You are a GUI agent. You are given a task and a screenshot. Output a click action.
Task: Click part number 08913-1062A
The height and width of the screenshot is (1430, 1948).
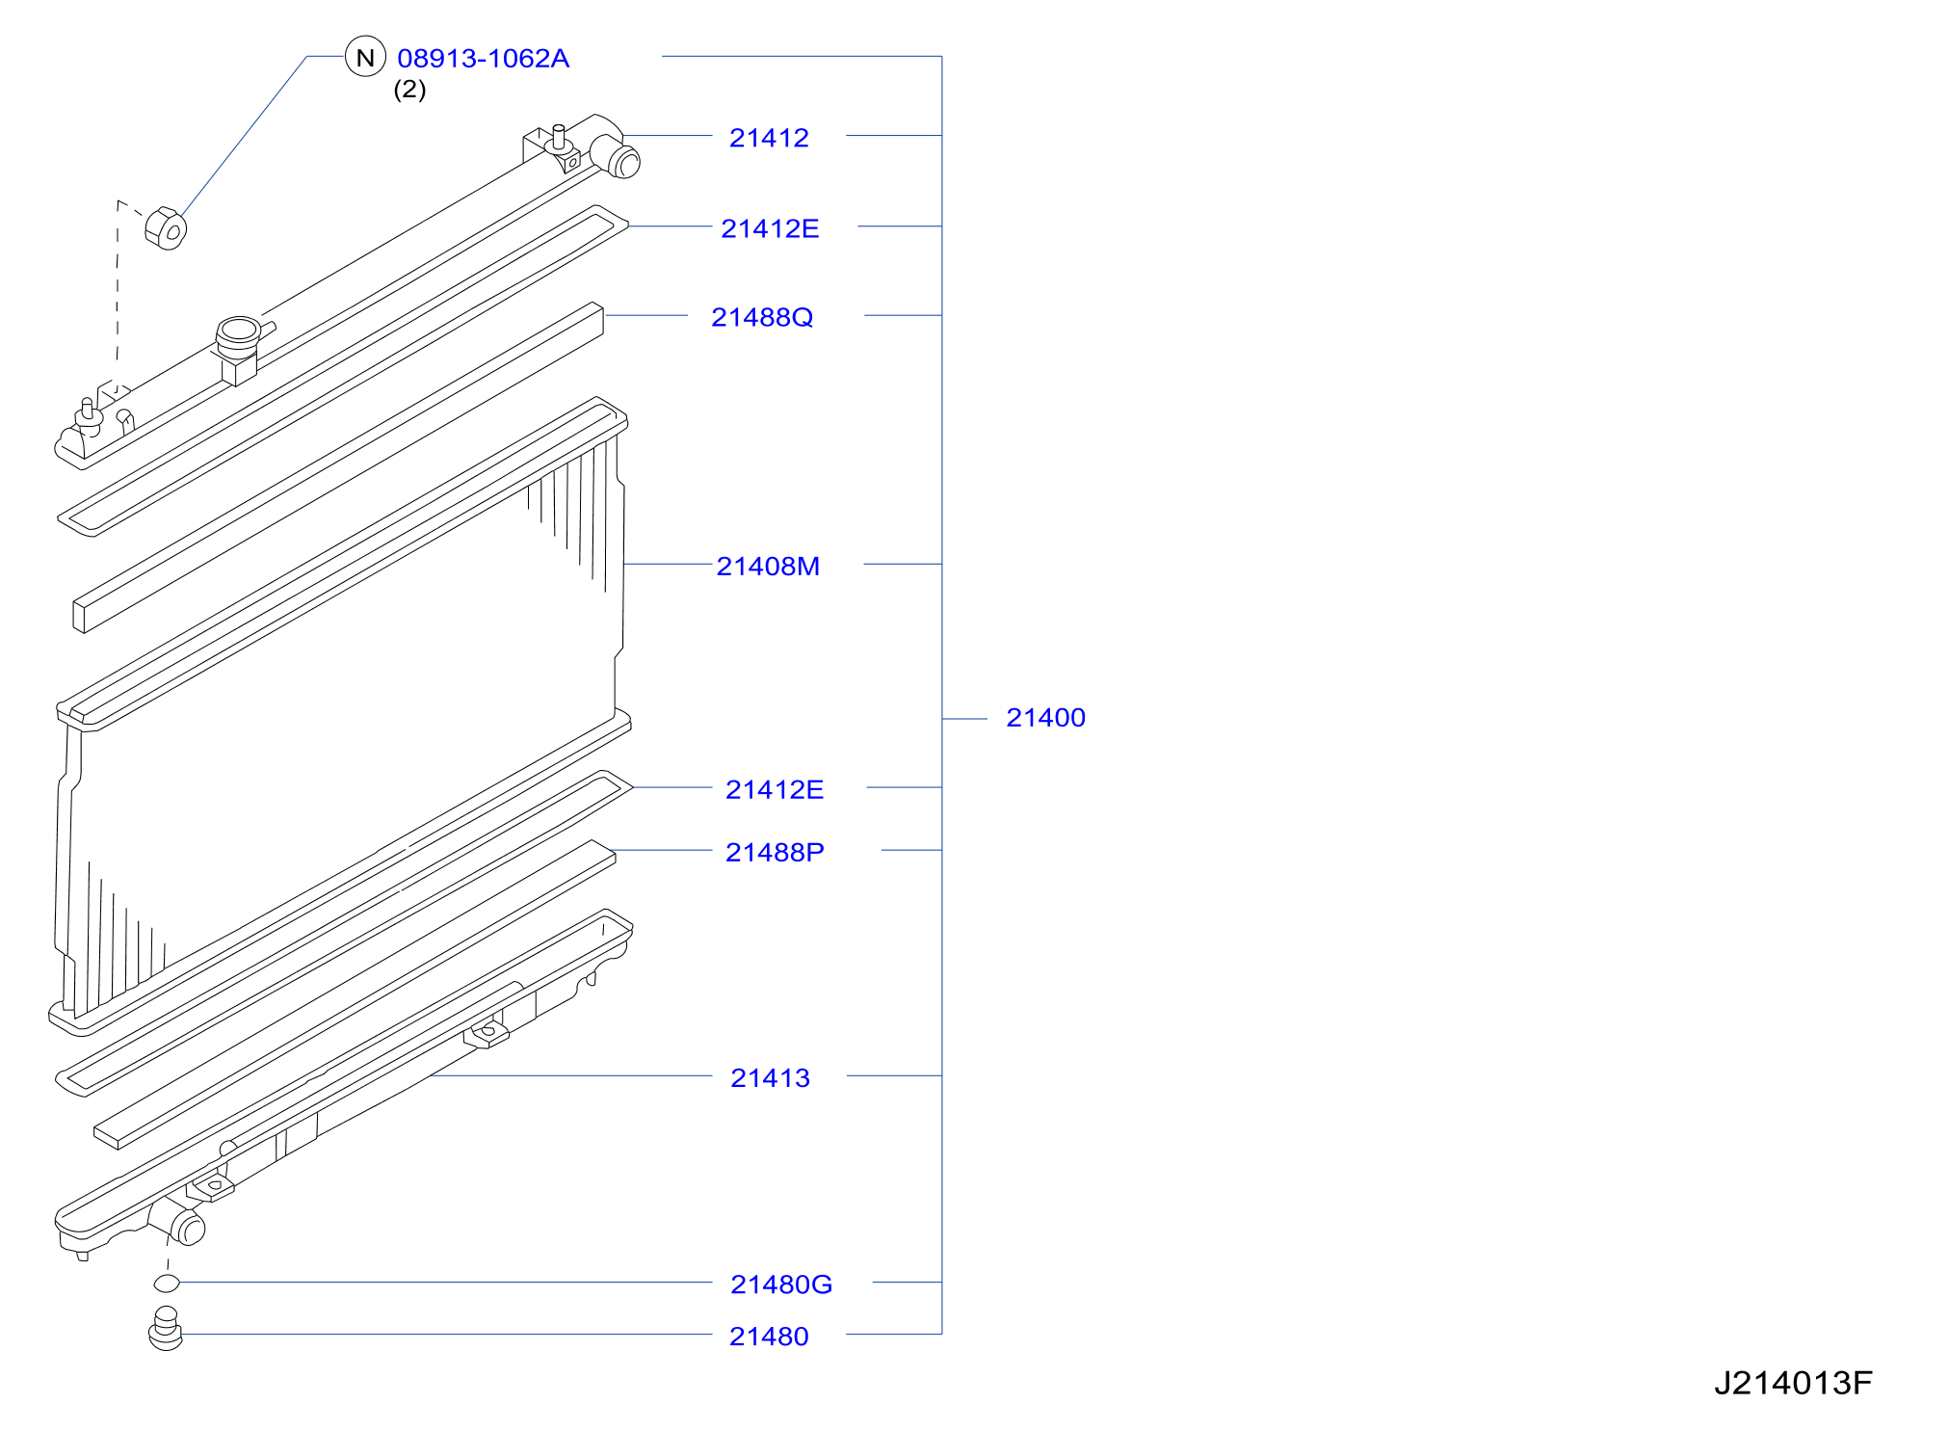(483, 59)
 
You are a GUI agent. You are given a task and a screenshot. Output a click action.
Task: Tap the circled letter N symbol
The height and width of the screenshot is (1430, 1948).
(365, 57)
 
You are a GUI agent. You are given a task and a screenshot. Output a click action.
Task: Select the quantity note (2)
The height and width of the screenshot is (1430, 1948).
(409, 90)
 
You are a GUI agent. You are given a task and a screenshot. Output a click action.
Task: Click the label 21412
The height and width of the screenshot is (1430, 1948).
(769, 138)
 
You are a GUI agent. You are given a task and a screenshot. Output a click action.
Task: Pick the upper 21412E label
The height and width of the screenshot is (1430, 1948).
(770, 228)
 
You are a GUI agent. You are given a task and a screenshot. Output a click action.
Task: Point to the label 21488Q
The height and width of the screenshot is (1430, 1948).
(762, 317)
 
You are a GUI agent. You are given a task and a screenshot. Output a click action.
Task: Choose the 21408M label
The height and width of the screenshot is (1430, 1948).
(768, 566)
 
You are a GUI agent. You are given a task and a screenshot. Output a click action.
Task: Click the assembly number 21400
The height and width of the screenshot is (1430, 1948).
(1045, 718)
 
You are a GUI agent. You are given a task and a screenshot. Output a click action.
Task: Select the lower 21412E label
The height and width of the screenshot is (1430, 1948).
(775, 789)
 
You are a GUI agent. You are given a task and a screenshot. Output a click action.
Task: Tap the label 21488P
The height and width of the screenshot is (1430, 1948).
(775, 852)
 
